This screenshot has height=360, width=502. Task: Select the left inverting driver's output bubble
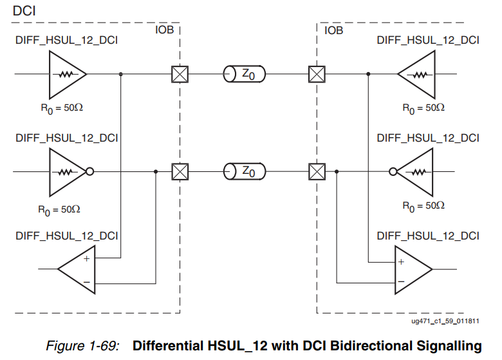[91, 172]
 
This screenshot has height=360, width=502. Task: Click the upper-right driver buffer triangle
[419, 74]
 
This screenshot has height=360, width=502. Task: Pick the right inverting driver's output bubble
[393, 172]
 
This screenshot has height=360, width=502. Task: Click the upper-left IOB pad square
[180, 74]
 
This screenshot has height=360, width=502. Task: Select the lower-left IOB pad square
[180, 172]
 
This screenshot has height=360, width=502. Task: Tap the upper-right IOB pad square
[317, 74]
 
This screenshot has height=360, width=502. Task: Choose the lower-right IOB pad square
[317, 172]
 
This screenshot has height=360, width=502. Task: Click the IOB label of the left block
[164, 30]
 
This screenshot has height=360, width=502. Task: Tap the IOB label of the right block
[334, 30]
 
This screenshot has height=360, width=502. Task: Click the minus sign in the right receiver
[400, 281]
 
